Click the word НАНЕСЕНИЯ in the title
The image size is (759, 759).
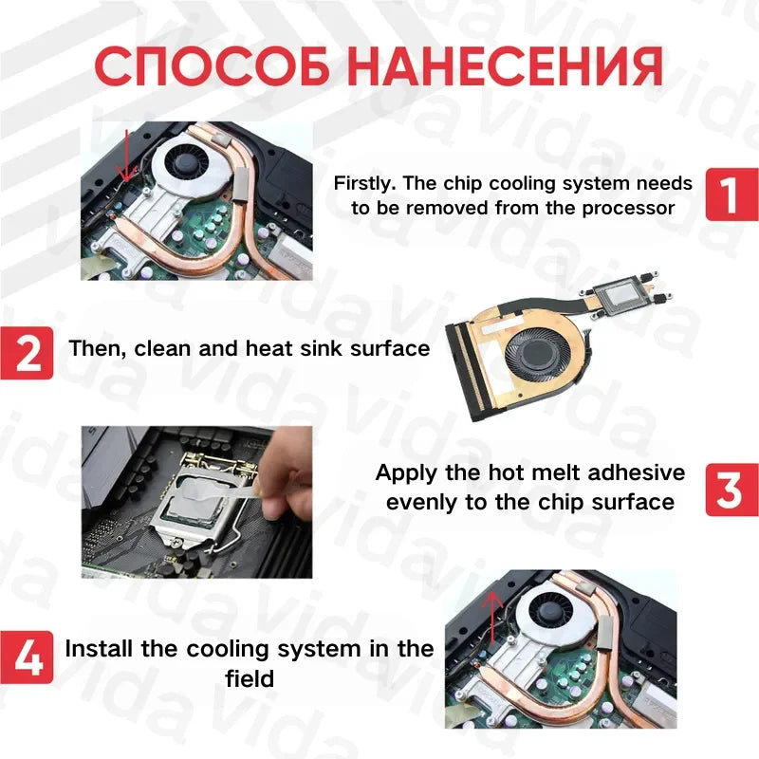coord(503,65)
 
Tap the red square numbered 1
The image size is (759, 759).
coord(731,194)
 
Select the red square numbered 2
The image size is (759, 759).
coord(27,352)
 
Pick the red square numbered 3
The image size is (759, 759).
coord(731,490)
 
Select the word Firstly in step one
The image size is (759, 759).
coord(368,183)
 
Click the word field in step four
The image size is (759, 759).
coord(250,678)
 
